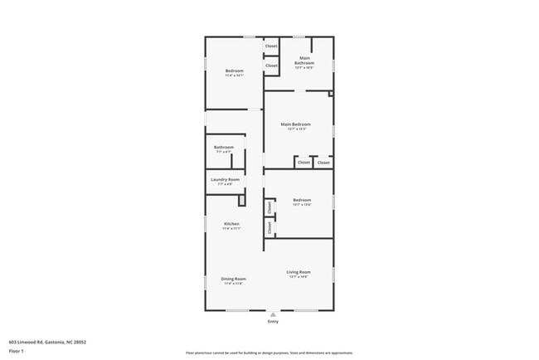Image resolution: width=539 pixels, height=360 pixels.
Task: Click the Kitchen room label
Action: [x=231, y=224]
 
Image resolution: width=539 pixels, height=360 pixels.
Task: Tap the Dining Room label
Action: [x=233, y=279]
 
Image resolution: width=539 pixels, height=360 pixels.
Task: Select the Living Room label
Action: [x=299, y=272]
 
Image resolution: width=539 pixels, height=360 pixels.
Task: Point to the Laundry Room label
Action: [x=225, y=180]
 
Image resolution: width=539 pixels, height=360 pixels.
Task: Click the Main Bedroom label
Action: [x=298, y=124]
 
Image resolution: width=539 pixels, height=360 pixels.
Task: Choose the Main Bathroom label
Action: [x=303, y=61]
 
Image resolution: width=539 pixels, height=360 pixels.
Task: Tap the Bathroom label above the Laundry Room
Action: [x=224, y=148]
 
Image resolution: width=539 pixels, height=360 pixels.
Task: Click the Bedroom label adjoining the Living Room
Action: [x=302, y=200]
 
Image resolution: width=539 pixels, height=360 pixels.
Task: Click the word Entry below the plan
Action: [x=273, y=321]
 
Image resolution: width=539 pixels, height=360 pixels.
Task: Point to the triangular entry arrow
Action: [x=273, y=314]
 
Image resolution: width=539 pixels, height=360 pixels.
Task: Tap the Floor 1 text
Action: [x=17, y=351]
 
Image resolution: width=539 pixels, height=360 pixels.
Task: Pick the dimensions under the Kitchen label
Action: [x=231, y=228]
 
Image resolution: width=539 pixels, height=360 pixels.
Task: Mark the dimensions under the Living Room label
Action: [x=299, y=276]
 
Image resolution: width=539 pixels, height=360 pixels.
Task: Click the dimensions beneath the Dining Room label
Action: [x=233, y=283]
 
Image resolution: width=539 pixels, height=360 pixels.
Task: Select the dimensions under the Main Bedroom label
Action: [x=298, y=129]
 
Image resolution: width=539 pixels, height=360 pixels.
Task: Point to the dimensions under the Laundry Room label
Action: [x=225, y=184]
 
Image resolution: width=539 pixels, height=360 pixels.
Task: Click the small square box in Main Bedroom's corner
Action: [x=330, y=95]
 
